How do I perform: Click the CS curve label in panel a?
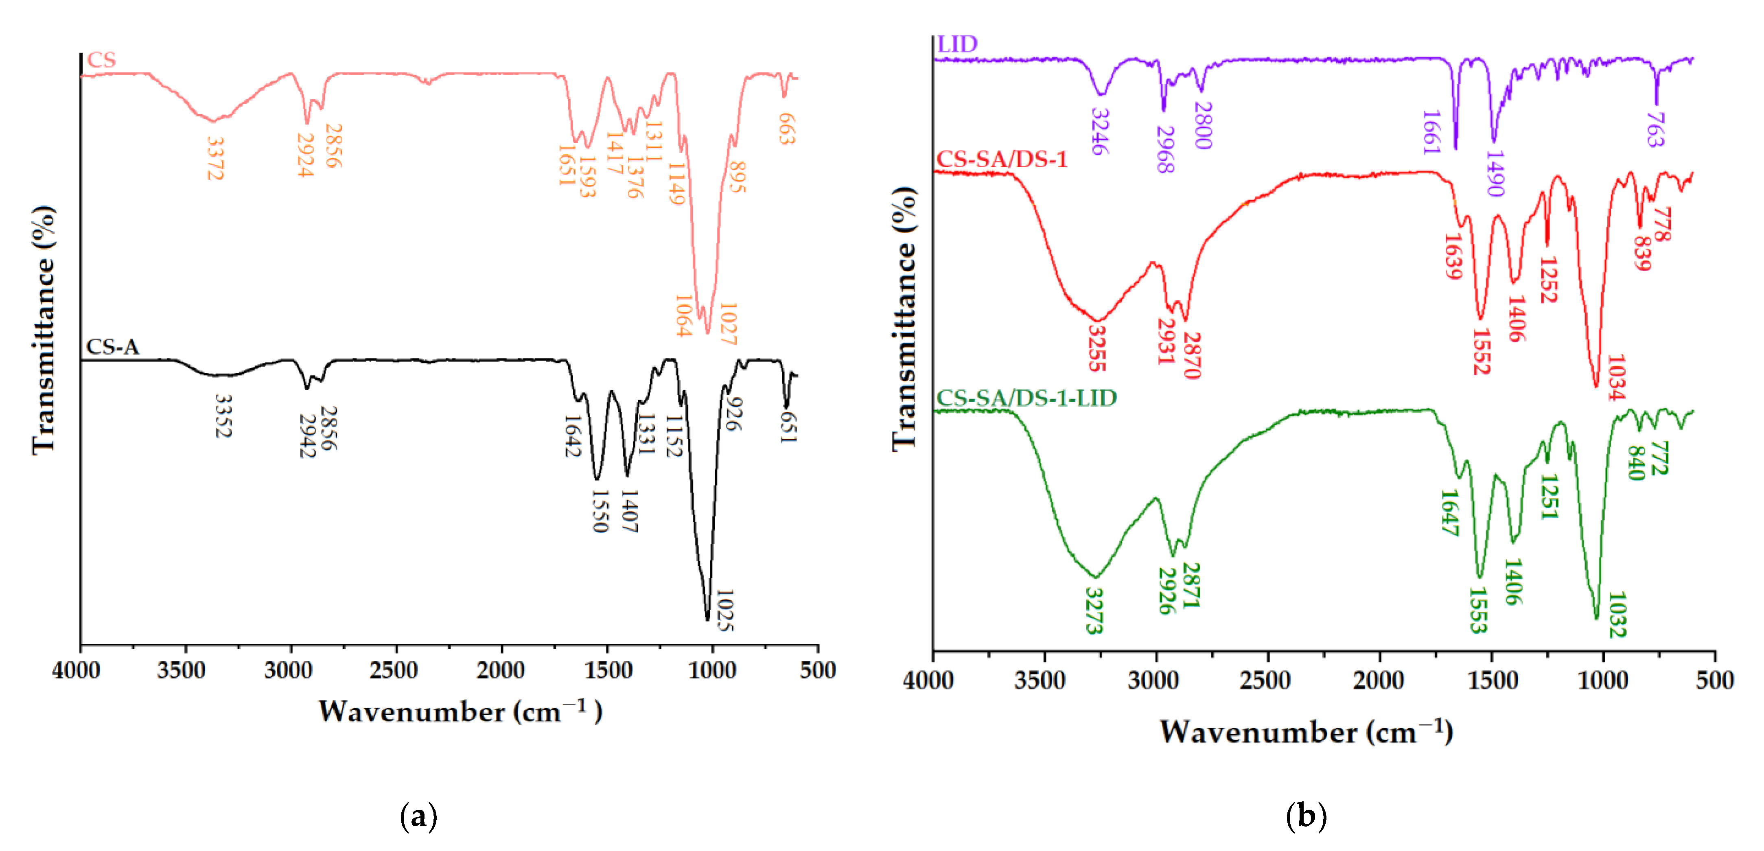click(101, 60)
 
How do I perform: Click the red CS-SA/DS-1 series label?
click(1002, 160)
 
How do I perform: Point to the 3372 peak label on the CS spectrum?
click(215, 159)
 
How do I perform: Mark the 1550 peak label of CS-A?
click(599, 511)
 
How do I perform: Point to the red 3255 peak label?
click(1097, 348)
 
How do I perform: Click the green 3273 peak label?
click(1095, 611)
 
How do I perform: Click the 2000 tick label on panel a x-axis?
click(501, 670)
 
